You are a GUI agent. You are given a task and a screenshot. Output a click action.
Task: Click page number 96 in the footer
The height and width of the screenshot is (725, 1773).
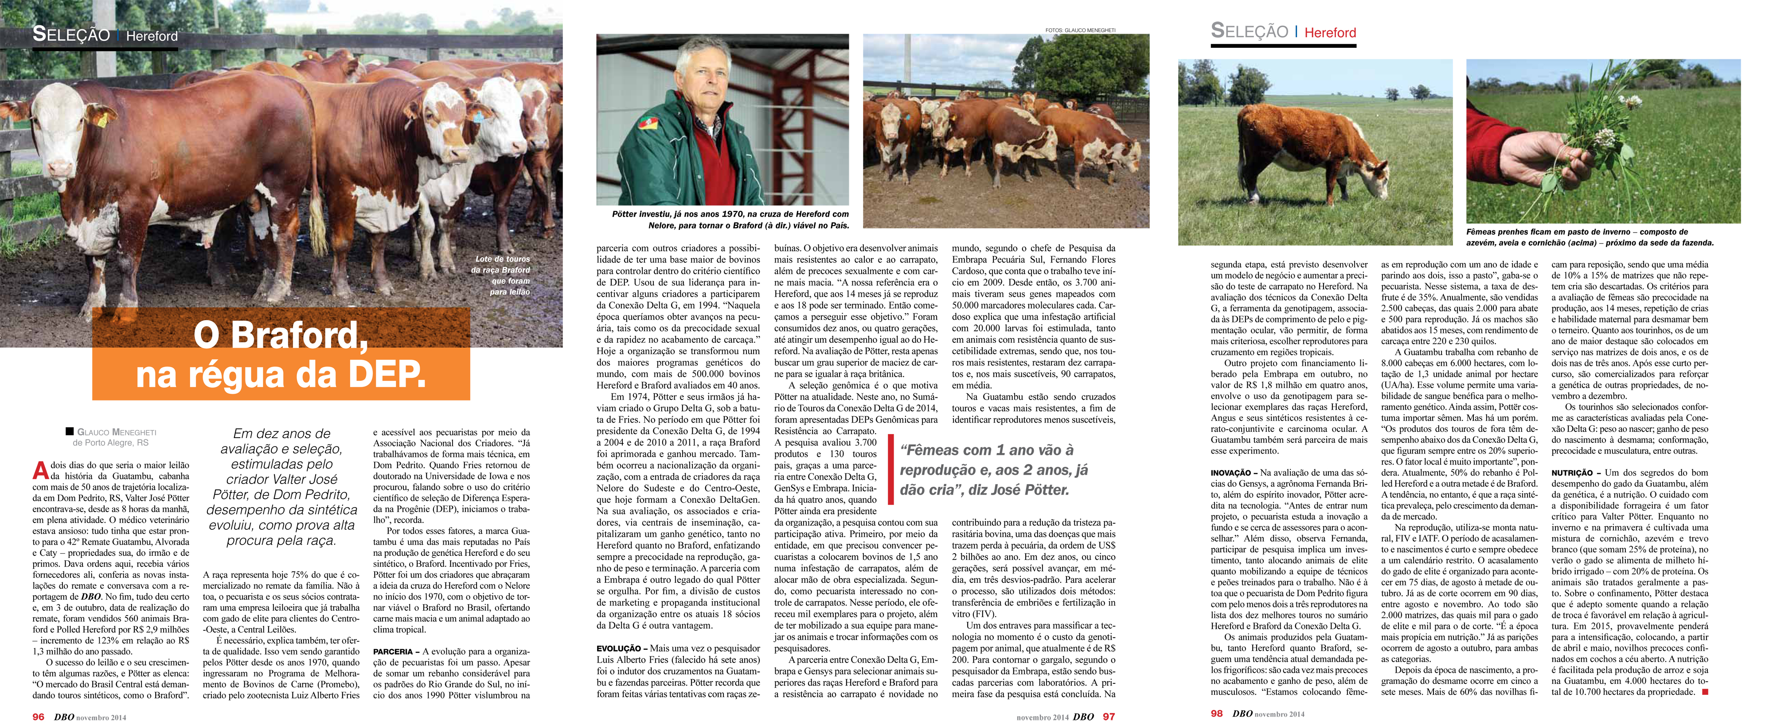tap(39, 717)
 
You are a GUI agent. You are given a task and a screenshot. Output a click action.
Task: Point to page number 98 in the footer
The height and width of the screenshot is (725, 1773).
tap(1217, 714)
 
